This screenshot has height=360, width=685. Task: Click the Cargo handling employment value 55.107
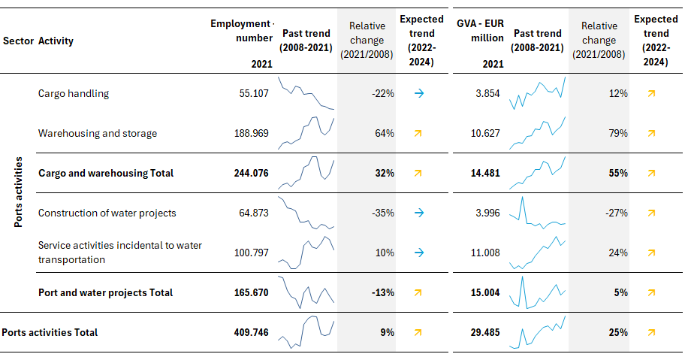[x=254, y=93]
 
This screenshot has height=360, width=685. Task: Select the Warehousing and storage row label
[x=98, y=133]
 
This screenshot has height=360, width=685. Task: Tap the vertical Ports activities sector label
[x=18, y=192]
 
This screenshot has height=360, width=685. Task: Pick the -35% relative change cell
[x=383, y=213]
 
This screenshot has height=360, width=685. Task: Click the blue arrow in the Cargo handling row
[x=419, y=93]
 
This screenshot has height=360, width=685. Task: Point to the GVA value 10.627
[x=485, y=133]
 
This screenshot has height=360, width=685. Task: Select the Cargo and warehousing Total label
[x=106, y=173]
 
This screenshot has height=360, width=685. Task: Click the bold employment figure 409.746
[x=251, y=332]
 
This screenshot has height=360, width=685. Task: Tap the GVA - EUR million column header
[x=480, y=31]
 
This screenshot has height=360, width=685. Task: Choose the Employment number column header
[x=242, y=31]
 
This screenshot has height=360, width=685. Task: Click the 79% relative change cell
[x=618, y=133]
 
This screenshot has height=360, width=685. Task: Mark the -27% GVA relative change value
[x=617, y=213]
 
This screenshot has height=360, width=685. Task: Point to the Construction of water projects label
[x=107, y=213]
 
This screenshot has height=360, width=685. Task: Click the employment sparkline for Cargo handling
[x=306, y=93]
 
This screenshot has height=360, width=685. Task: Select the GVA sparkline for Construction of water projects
[x=537, y=213]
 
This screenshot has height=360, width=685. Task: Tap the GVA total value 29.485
[x=485, y=332]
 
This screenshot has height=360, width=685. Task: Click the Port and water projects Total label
[x=105, y=292]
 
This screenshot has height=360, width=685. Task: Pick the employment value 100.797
[x=251, y=253]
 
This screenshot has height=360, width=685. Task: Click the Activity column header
[x=56, y=41]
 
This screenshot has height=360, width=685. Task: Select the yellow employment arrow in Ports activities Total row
[x=418, y=332]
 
